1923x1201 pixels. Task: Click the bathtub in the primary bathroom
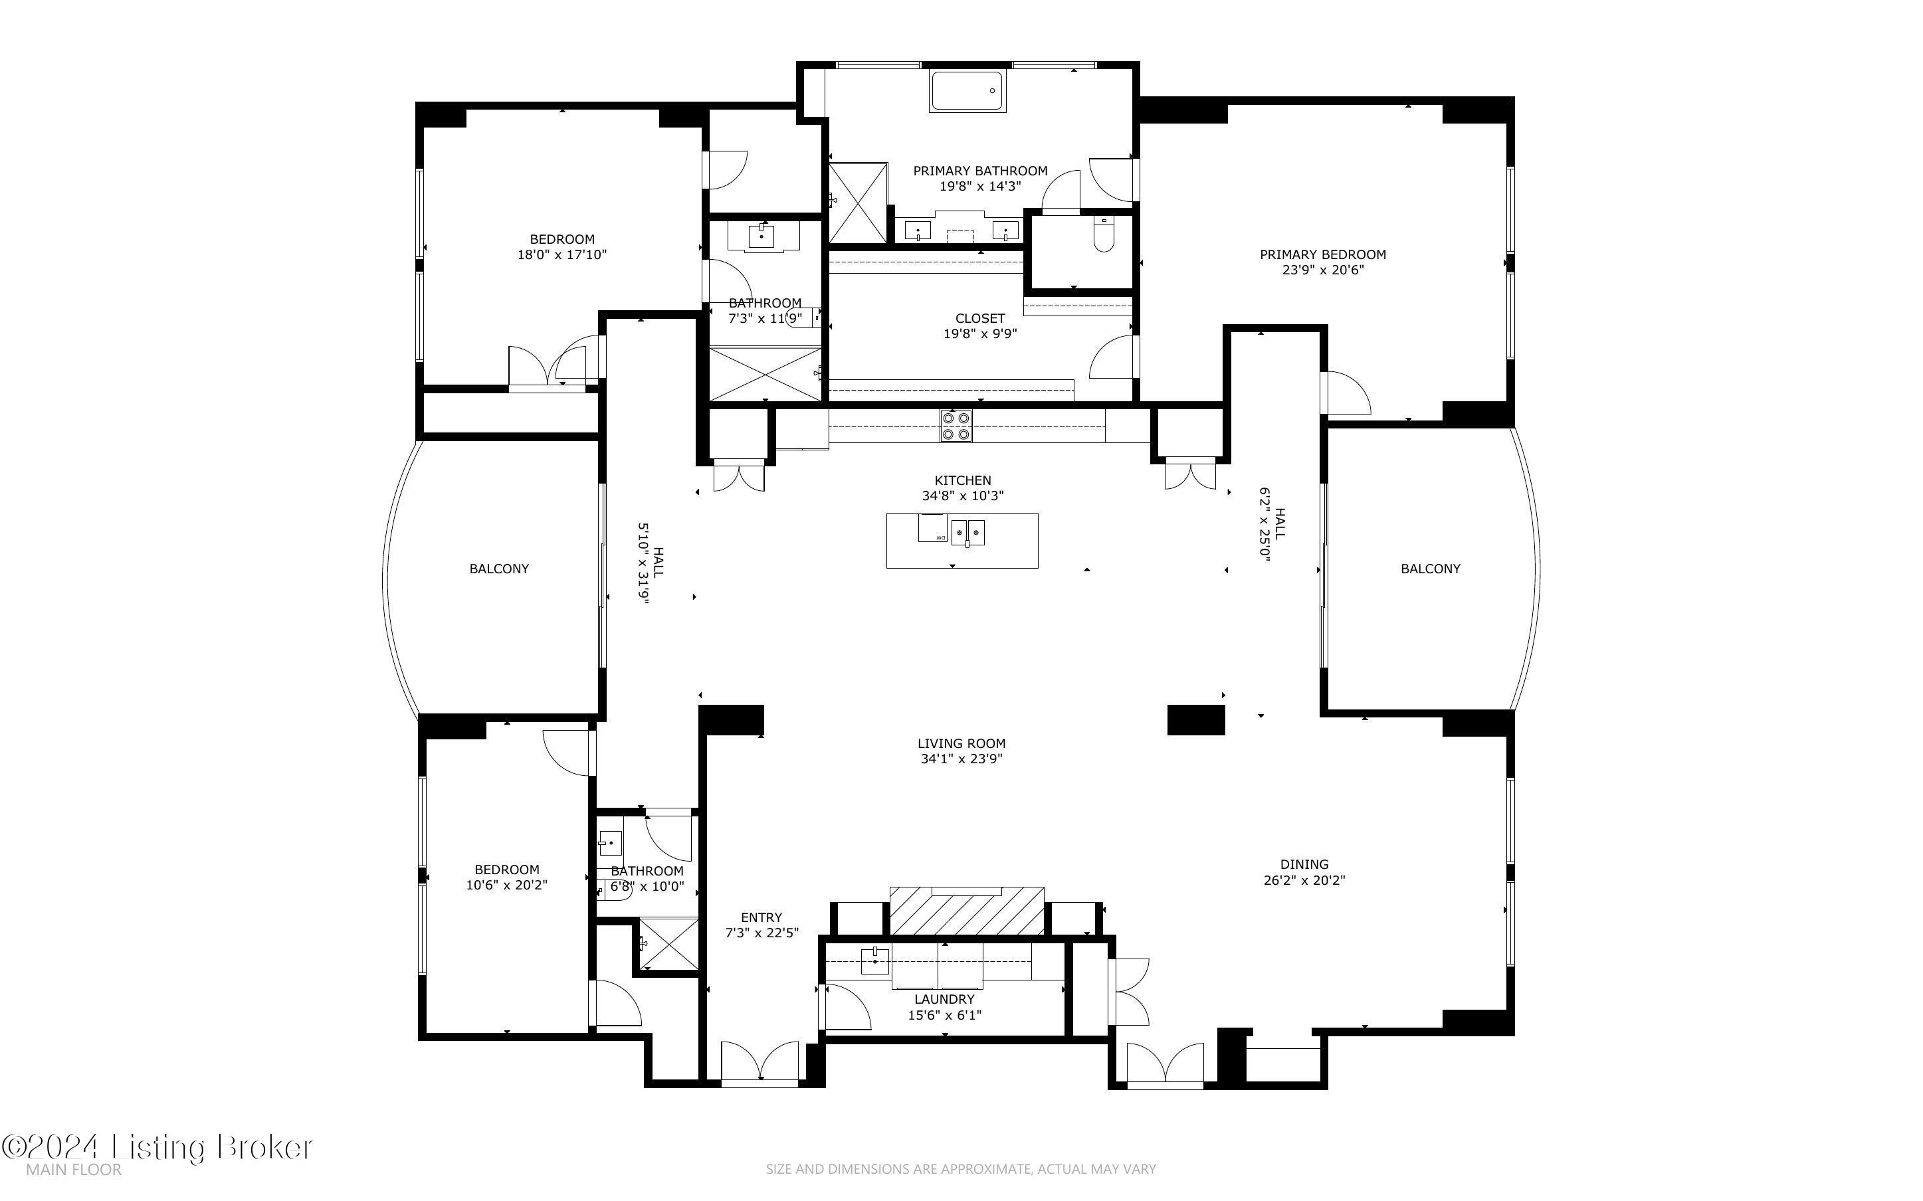coord(966,92)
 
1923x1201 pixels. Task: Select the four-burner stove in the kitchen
coord(956,425)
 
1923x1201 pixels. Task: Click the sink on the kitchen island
coord(968,531)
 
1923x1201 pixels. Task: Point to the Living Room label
coord(961,743)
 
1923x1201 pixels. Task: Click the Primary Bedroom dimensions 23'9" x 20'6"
coord(1322,270)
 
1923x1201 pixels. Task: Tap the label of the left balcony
coord(499,569)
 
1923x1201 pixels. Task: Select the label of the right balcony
coord(1430,569)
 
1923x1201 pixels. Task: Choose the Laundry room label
coord(944,999)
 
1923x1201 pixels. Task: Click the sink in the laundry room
coord(874,961)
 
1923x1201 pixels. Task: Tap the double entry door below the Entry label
coord(759,1062)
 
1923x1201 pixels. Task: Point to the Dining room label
coord(1304,864)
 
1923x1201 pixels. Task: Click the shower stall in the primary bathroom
coord(858,203)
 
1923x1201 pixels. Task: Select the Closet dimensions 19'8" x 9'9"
coord(979,333)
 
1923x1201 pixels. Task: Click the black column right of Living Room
coord(1195,719)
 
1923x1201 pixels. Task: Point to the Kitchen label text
coord(962,480)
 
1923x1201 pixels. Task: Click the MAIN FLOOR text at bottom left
coord(73,1169)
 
